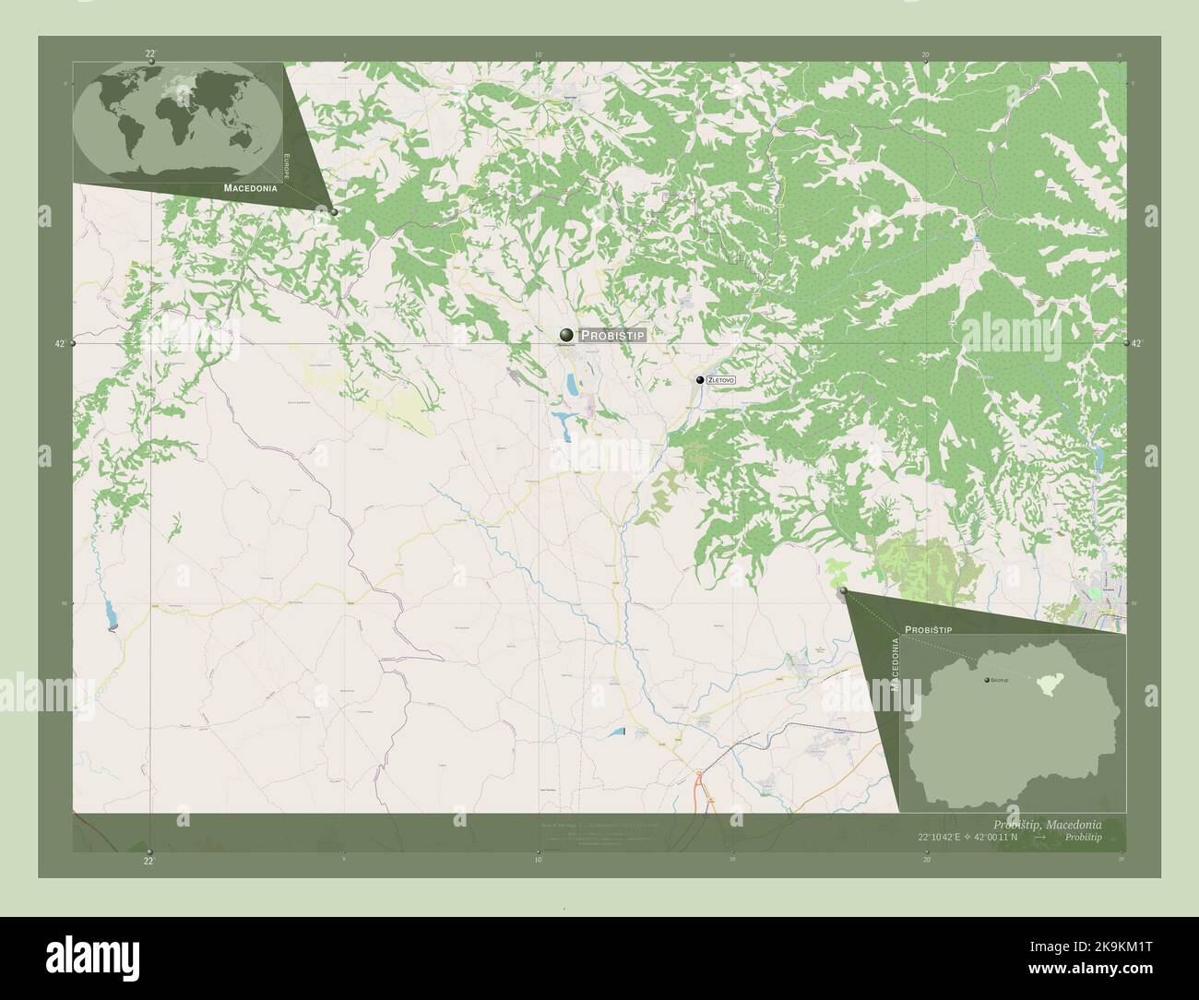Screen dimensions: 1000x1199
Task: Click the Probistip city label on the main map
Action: coord(612,336)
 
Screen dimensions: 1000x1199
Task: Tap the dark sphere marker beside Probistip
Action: coord(565,335)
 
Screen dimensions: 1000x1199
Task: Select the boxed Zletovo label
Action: coord(722,380)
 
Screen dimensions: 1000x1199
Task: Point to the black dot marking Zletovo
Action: coord(700,380)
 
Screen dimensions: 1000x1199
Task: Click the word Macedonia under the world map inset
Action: coord(250,187)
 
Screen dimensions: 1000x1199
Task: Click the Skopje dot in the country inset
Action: coord(989,680)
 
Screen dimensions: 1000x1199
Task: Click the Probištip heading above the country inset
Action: coord(928,628)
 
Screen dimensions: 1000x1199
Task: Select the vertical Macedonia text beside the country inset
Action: coord(894,663)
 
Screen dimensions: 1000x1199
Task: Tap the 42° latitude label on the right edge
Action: coord(1136,343)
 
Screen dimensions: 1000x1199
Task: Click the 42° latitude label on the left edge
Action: coord(60,343)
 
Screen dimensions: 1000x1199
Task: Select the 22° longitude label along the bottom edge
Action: coord(148,861)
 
